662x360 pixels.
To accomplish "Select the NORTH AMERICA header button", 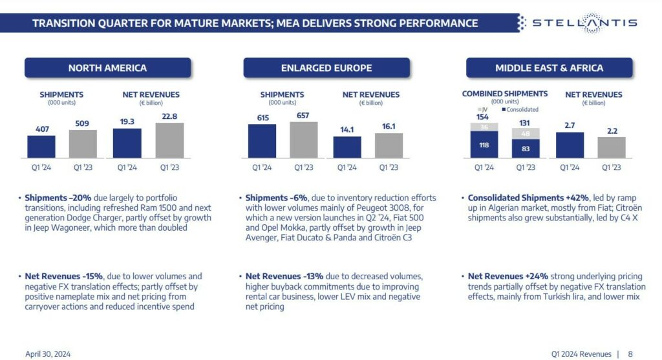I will (107, 68).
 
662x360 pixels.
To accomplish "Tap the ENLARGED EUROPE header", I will (326, 68).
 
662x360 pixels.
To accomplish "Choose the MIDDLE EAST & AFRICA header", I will (549, 68).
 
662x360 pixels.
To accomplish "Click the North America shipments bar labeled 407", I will (41, 147).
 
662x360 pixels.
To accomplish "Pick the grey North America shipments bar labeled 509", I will (83, 143).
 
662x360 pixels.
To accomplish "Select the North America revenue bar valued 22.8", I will (170, 140).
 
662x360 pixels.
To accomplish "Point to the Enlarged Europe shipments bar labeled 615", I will (262, 141).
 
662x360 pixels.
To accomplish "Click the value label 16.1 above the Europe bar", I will (389, 127).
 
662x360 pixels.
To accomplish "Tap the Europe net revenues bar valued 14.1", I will (347, 147).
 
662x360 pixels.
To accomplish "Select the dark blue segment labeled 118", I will (484, 145).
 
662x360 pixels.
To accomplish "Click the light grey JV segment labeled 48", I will (526, 134).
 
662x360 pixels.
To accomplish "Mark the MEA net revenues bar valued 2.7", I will (570, 145).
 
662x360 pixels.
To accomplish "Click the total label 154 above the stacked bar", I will (484, 117).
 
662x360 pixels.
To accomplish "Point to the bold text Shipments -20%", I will (56, 198).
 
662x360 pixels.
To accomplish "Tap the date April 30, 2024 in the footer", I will (48, 354).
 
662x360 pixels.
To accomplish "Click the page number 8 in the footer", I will (630, 354).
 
